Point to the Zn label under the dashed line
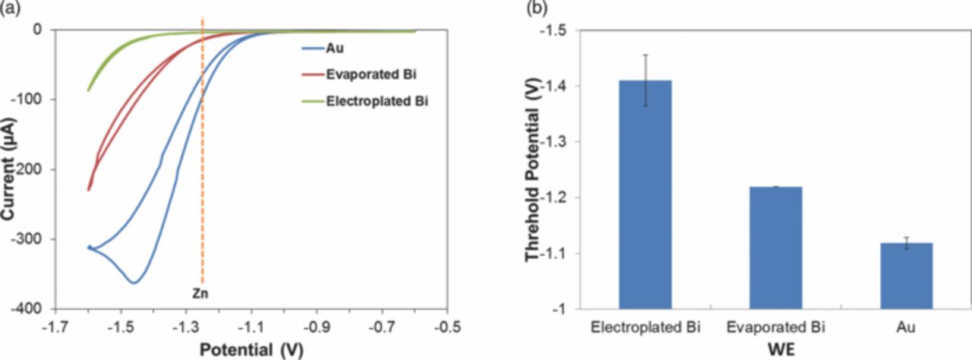(201, 290)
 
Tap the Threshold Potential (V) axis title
(534, 169)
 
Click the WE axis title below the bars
(775, 350)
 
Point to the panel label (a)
(11, 8)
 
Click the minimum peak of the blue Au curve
(134, 283)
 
